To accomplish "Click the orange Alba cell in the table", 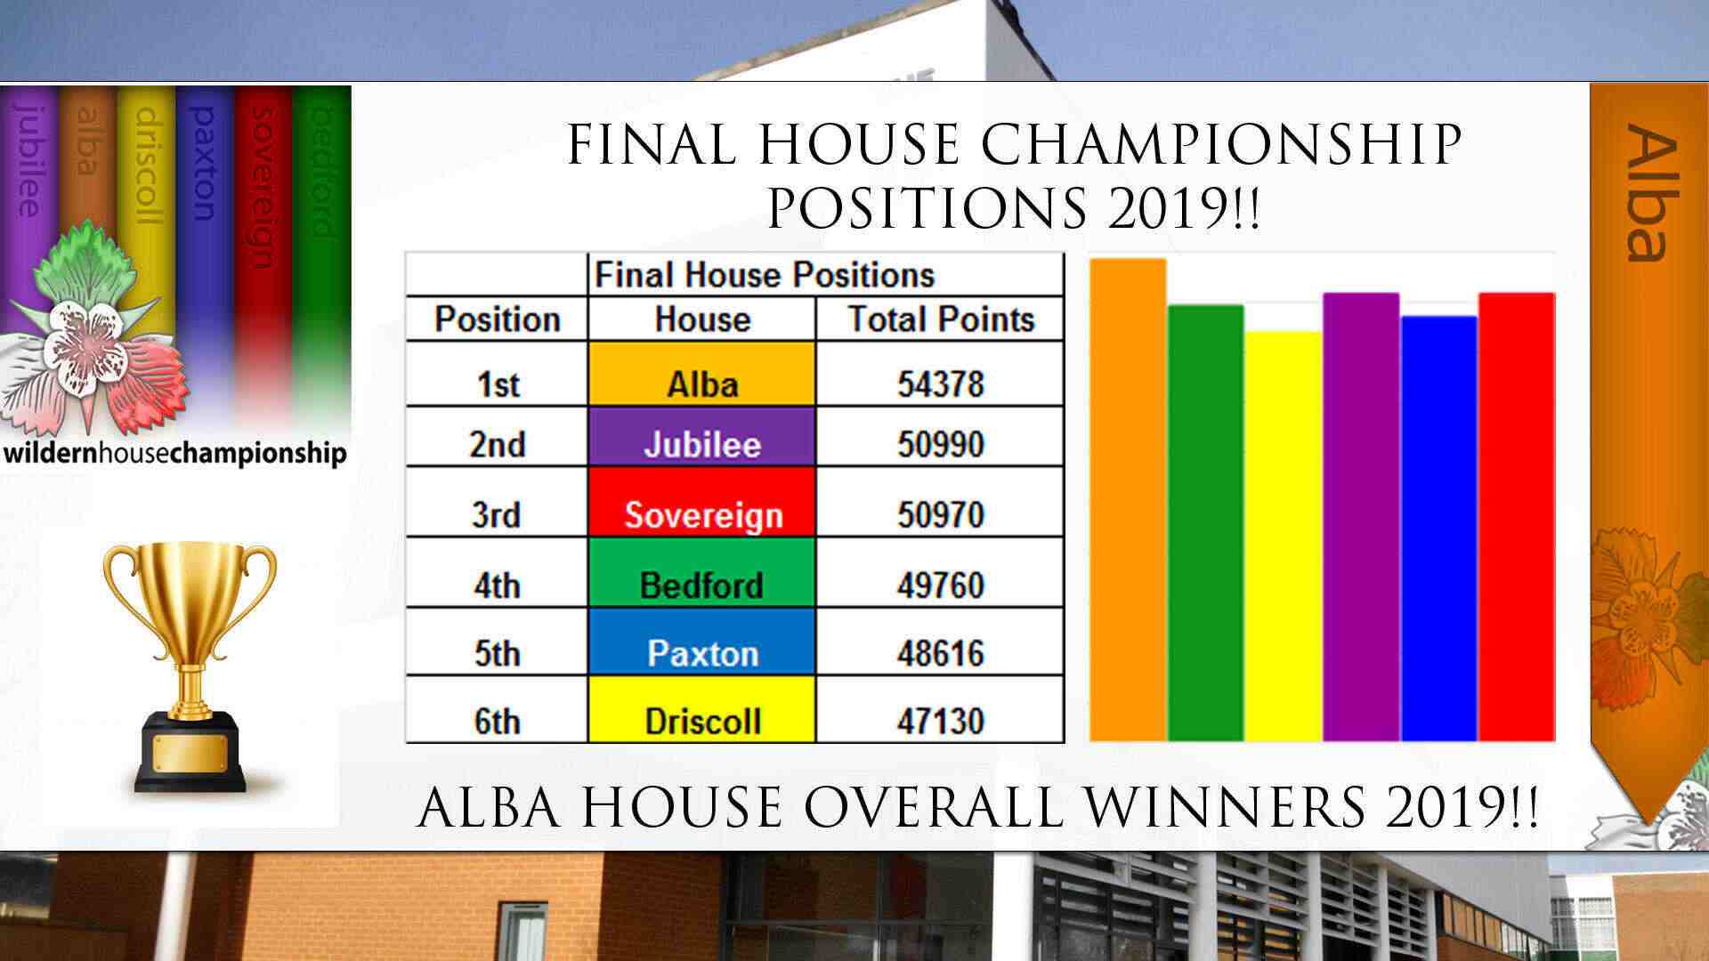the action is pos(701,375).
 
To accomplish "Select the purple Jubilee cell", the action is pos(701,437).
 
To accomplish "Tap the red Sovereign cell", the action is pos(701,502).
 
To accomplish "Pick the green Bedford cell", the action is pos(701,572).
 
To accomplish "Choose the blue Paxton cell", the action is pos(701,641).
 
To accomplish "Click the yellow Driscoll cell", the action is pos(701,709).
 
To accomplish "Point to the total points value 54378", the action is pos(941,384).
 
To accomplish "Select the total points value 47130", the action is pos(941,720).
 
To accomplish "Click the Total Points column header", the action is pos(941,319).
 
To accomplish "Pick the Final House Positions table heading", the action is pos(765,275).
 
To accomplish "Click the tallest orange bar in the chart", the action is pos(1128,499).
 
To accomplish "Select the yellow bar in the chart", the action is pos(1284,537).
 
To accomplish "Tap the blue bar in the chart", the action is pos(1439,529).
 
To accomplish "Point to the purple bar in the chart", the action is pos(1361,517).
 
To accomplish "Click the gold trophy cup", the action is pos(190,667).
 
